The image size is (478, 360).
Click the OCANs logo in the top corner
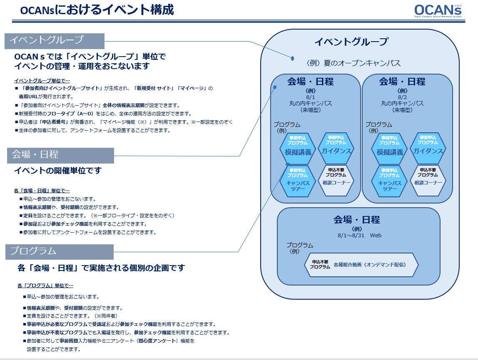coord(438,11)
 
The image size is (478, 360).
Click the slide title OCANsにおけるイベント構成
coord(97,10)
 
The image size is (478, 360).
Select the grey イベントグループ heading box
coord(55,41)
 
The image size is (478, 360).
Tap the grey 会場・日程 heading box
coord(60,156)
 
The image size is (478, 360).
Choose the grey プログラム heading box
coord(60,252)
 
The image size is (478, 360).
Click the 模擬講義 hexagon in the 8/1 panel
coord(298,149)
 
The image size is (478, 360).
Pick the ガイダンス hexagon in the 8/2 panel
coord(428,148)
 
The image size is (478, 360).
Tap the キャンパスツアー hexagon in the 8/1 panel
coord(298,181)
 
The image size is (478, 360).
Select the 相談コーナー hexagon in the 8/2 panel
coord(428,180)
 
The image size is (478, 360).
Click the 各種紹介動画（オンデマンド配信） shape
coord(361,265)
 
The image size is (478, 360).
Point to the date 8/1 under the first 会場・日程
coord(310,97)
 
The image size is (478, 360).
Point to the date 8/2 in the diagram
coord(402,97)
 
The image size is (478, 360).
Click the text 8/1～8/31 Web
coord(359,235)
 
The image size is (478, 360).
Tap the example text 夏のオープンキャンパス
coord(362,63)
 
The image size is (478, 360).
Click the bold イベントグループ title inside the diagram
coord(351,42)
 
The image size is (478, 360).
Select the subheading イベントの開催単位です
coord(58,170)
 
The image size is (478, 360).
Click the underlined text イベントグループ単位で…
coord(42,81)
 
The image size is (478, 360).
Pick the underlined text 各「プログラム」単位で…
coord(45,286)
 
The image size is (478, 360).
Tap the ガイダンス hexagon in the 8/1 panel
coord(336,148)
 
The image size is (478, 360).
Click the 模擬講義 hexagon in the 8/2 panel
coord(390,149)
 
